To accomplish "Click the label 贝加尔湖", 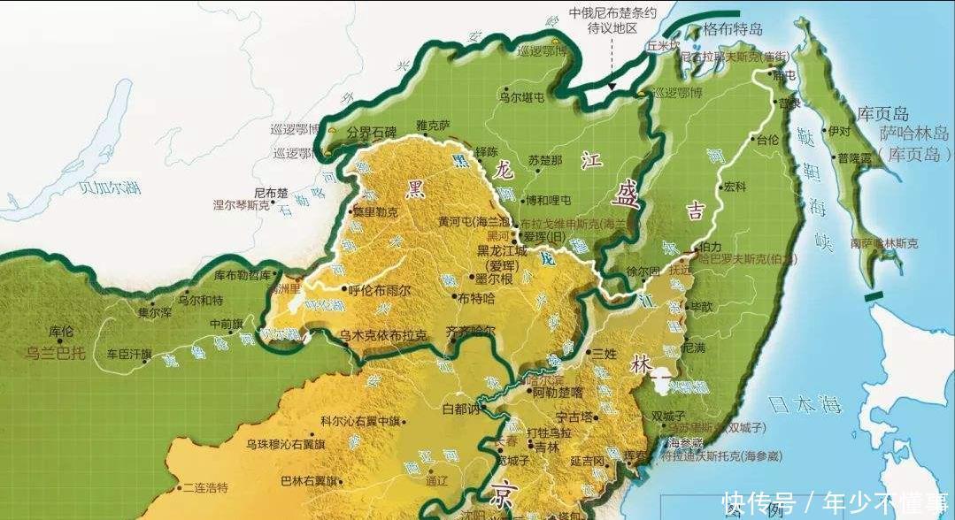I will pyautogui.click(x=109, y=187).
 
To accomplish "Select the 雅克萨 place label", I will pyautogui.click(x=433, y=126).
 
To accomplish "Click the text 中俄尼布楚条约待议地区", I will pyautogui.click(x=613, y=20).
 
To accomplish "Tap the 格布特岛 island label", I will pyautogui.click(x=734, y=29).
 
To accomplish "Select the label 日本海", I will pyautogui.click(x=803, y=405).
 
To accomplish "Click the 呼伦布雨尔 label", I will pyautogui.click(x=379, y=288).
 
